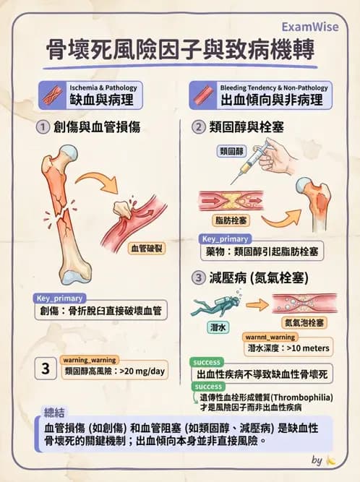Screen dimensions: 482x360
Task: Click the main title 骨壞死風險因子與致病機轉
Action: pyautogui.click(x=180, y=50)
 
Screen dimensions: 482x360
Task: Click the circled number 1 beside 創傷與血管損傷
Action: pyautogui.click(x=42, y=127)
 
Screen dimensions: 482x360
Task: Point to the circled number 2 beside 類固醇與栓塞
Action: pyautogui.click(x=198, y=127)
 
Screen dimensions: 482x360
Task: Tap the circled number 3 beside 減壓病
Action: pyautogui.click(x=198, y=277)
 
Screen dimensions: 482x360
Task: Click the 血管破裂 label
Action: pyautogui.click(x=146, y=248)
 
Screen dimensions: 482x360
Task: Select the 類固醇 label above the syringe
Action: pyautogui.click(x=232, y=151)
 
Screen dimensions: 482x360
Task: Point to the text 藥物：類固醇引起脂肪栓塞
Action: pyautogui.click(x=262, y=251)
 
